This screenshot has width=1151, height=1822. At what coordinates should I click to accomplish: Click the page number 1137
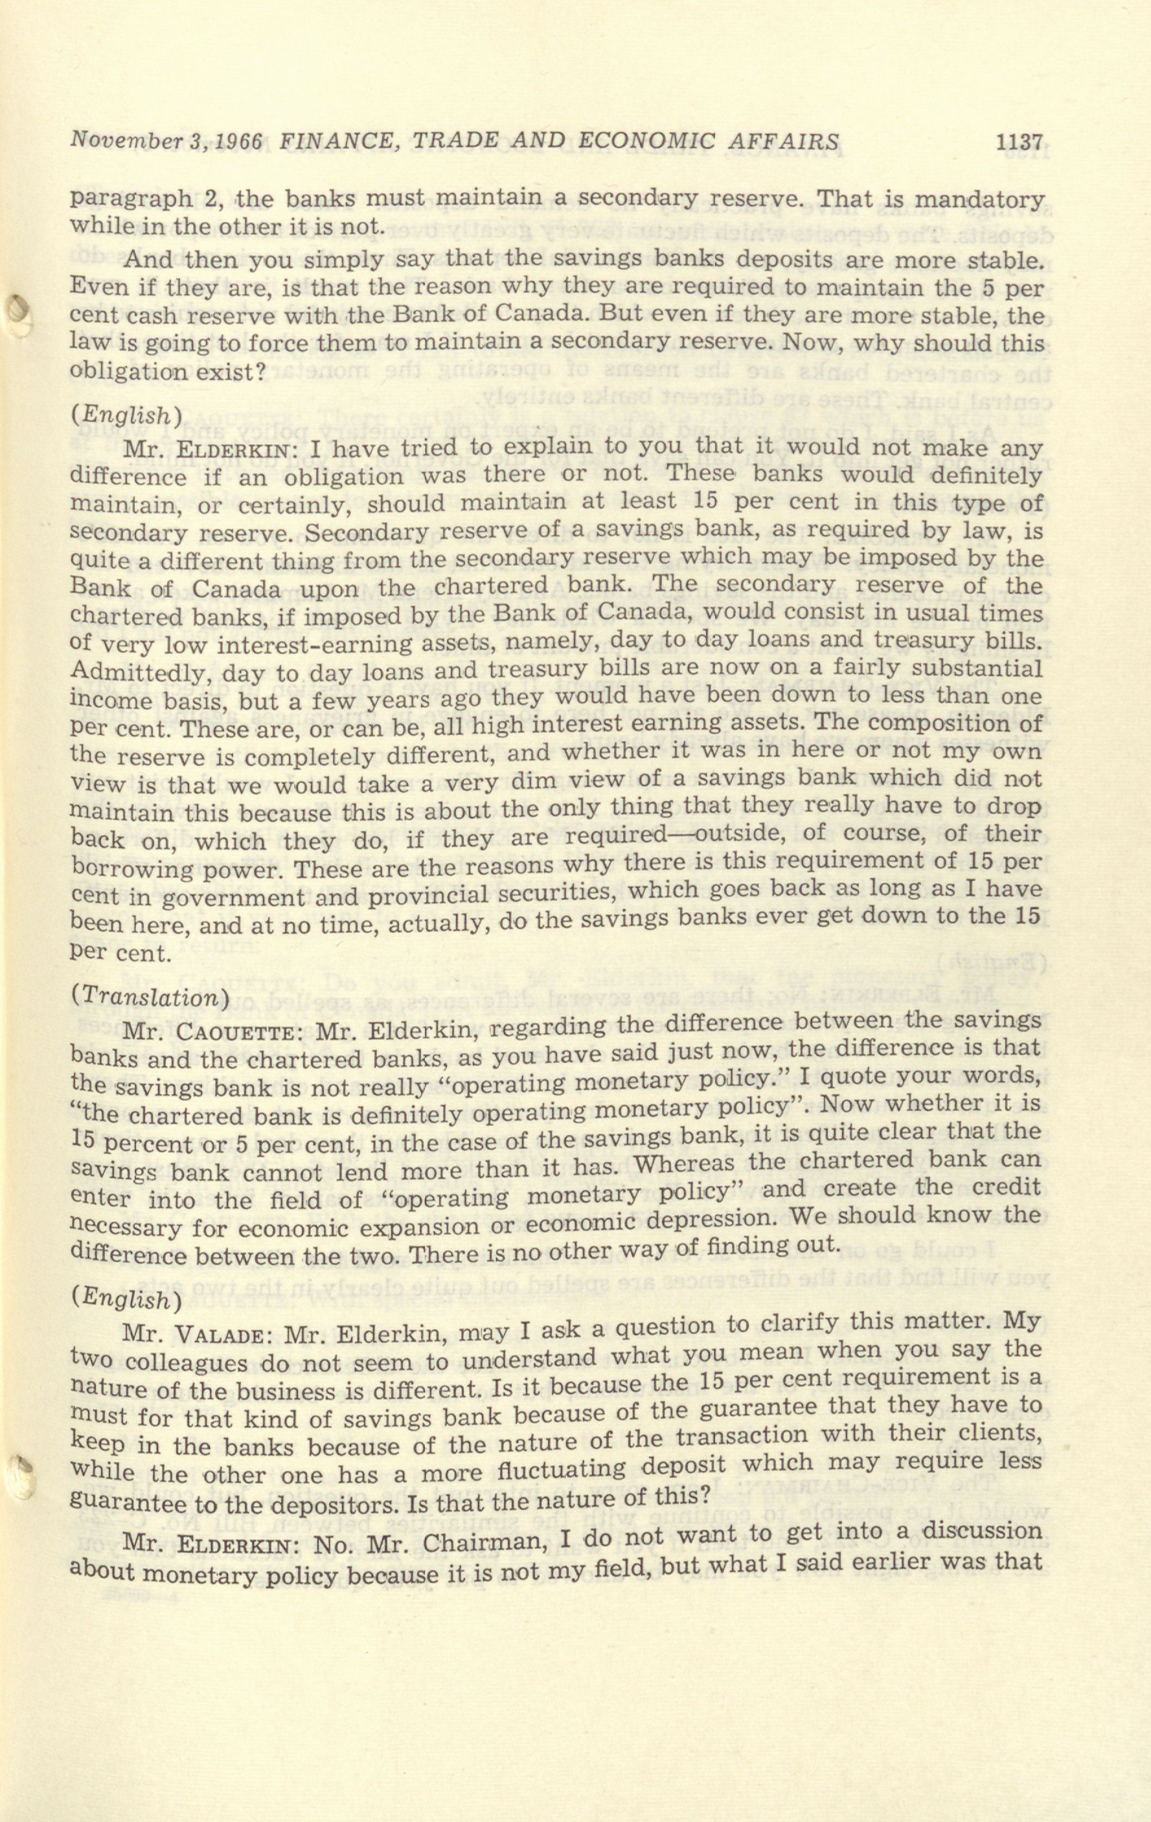pos(1020,142)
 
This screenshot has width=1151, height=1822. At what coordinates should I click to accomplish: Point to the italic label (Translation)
pos(149,996)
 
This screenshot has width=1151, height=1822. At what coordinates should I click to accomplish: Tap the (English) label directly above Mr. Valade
pos(126,1298)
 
